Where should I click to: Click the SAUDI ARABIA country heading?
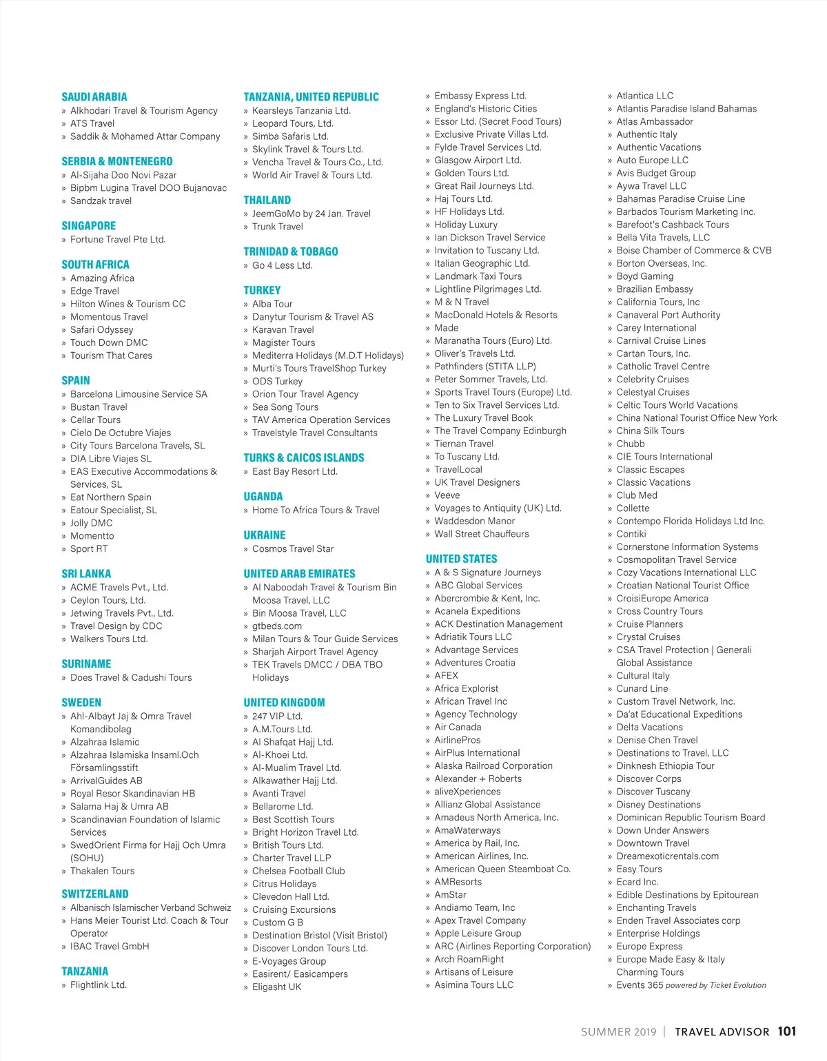pos(94,97)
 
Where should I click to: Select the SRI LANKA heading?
pos(86,574)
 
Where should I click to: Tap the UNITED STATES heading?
pos(461,559)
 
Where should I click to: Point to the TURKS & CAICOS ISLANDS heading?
pos(304,458)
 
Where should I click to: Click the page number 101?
pos(787,1031)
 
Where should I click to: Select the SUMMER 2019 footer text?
pos(618,1032)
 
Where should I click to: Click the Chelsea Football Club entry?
pos(298,871)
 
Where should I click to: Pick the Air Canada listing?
pos(458,727)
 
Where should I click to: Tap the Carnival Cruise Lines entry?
pos(661,340)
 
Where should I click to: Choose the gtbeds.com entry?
pos(277,626)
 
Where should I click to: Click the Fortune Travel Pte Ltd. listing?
pos(118,240)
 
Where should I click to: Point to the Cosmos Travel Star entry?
pos(293,549)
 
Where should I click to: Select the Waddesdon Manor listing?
pos(475,521)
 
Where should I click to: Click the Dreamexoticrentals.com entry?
pos(667,856)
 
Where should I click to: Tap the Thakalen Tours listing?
pos(103,871)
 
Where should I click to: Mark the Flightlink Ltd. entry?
pos(99,985)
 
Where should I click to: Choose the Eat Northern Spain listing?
pos(111,497)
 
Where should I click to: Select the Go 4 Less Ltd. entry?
pos(283,265)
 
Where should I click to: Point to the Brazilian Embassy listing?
pos(655,289)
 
